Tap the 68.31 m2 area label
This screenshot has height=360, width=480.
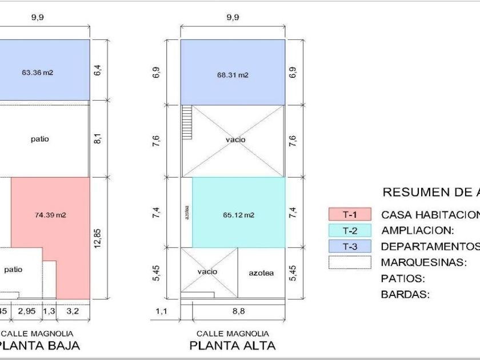(x=233, y=75)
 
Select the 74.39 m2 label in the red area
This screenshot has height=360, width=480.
(x=50, y=215)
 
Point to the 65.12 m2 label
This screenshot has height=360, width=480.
(x=238, y=215)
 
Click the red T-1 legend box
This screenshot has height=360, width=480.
(x=350, y=214)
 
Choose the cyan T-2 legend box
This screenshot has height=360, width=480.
(x=350, y=230)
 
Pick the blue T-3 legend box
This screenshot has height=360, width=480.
(x=350, y=246)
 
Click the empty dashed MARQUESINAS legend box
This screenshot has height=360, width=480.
(x=350, y=262)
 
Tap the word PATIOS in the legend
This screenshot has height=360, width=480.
(x=403, y=279)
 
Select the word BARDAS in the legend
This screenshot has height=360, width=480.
(x=405, y=295)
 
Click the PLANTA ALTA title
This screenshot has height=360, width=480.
(x=232, y=345)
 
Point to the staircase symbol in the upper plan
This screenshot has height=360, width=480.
(x=186, y=122)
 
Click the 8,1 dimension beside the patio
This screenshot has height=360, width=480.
(x=98, y=138)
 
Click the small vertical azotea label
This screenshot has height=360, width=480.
(x=187, y=212)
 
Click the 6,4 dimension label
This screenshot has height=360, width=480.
(x=98, y=70)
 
